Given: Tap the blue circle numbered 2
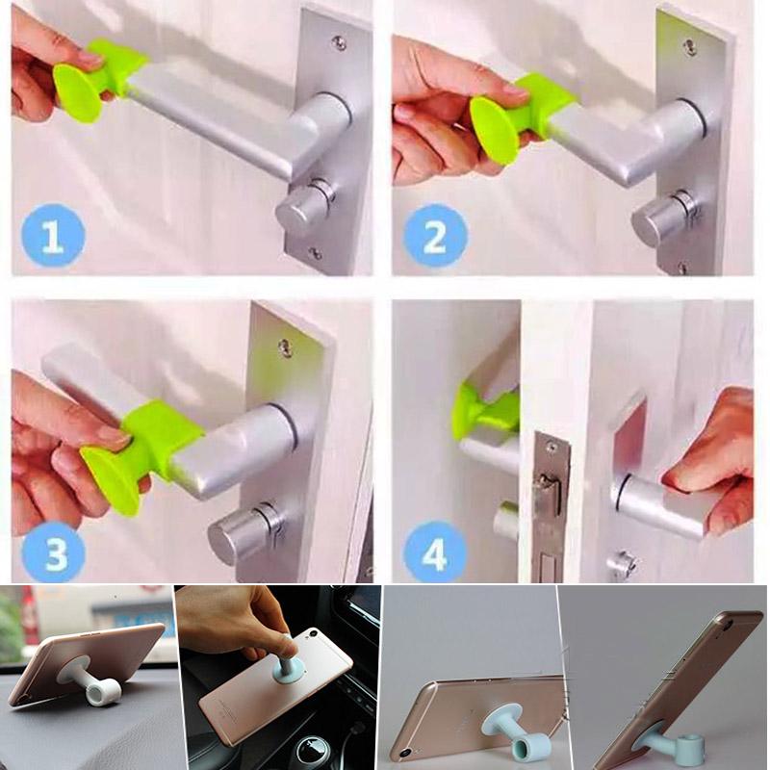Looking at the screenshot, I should click(435, 235).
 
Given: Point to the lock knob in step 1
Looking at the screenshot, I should click(302, 205).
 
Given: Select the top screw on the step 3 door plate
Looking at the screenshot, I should click(285, 346).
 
